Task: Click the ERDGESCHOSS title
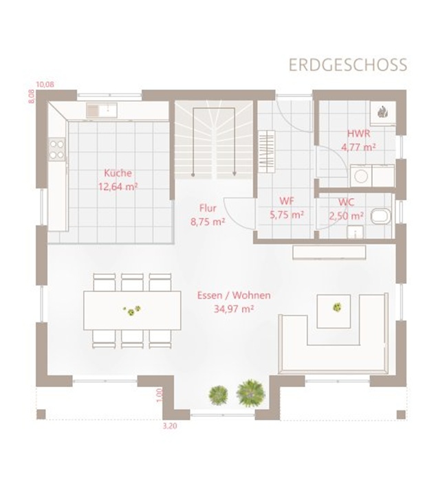coord(348,65)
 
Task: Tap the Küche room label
coord(118,173)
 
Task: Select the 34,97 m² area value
coord(234,309)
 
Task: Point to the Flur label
coord(208,208)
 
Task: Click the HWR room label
coord(359,133)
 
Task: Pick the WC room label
coord(347,202)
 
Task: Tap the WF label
coord(287,201)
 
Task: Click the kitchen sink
coord(102,110)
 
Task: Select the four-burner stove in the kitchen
coord(57,149)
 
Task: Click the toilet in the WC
coord(381,216)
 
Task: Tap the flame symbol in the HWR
coord(383,112)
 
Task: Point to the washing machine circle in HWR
coord(361,176)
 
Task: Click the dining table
coord(132,311)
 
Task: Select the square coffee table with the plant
coord(334,311)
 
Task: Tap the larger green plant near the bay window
coord(251,393)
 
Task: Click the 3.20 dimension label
coord(170,426)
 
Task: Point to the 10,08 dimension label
coord(45,85)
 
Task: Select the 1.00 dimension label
coord(160,395)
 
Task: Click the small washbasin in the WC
coord(356,232)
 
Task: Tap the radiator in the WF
coord(267,151)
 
